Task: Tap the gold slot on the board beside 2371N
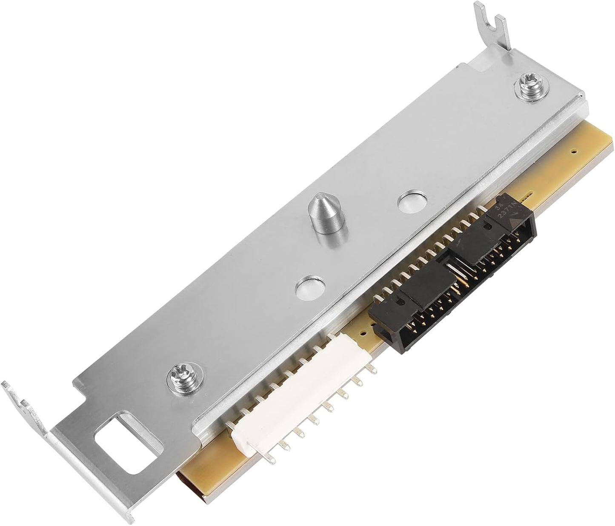pos(529,196)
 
